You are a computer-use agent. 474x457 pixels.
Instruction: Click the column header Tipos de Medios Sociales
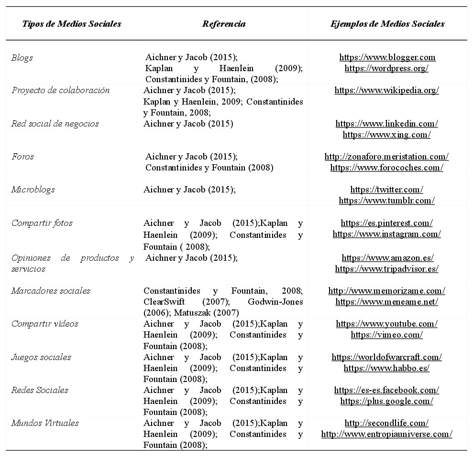72,24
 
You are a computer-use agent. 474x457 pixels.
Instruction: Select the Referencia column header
224,24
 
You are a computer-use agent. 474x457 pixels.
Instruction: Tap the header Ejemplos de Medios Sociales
387,24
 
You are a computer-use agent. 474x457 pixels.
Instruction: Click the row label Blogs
22,58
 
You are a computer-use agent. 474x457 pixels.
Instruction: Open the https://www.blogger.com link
387,57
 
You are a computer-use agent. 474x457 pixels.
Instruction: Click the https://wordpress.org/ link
386,68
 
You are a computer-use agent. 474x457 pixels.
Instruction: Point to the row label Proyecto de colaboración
60,90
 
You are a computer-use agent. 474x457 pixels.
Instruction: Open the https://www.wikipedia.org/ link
386,90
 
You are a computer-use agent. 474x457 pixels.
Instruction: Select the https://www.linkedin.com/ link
386,124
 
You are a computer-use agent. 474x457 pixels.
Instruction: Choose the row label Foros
22,157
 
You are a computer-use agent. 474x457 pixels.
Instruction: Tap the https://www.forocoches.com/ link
386,168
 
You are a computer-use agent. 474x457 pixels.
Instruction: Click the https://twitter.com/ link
386,190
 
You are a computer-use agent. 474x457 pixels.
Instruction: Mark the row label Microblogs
33,190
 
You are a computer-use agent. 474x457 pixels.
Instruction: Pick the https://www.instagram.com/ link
386,234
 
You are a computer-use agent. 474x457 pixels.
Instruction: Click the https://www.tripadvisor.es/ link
386,269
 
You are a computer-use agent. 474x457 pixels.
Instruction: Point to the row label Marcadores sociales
51,291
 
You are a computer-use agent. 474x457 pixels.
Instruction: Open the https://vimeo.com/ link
386,335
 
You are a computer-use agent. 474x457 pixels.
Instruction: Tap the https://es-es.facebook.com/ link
386,390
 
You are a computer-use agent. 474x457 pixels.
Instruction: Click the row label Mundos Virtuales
45,423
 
